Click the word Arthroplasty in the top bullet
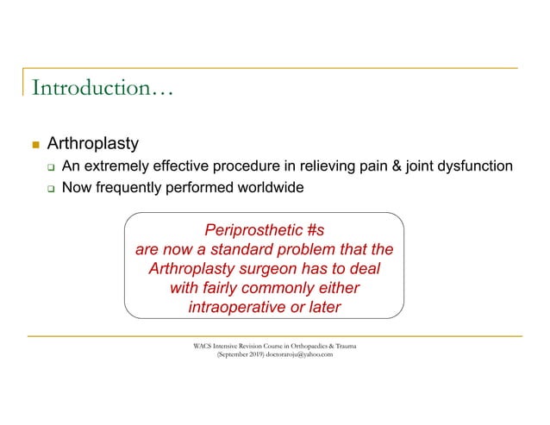coord(92,142)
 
